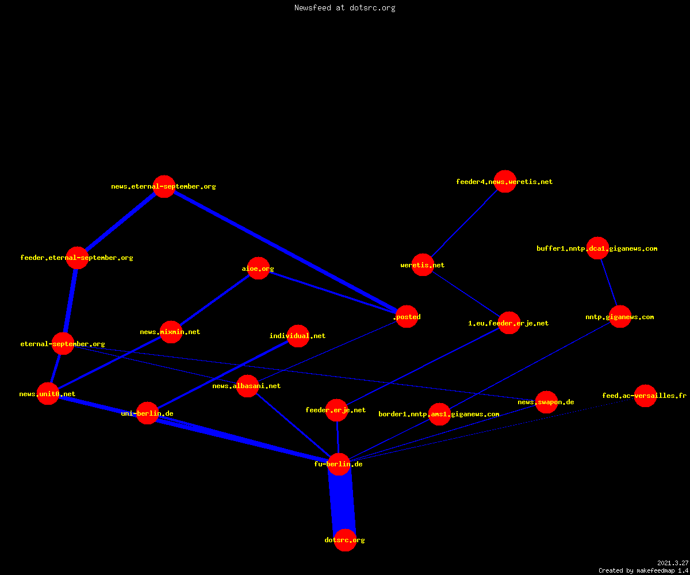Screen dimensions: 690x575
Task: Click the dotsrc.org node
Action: click(345, 540)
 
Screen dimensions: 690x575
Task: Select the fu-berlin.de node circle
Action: click(339, 464)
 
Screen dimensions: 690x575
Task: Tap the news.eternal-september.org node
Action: click(164, 186)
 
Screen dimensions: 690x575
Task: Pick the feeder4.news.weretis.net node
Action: click(505, 182)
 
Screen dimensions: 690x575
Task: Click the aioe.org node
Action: click(258, 269)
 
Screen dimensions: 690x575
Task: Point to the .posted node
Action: click(407, 317)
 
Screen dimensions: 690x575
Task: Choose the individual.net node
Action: click(298, 336)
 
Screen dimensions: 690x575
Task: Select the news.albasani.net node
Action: click(247, 386)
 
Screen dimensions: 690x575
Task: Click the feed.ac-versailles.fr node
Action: click(645, 396)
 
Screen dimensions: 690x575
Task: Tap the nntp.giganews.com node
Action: click(620, 317)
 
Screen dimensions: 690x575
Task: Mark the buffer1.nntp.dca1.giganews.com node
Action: click(597, 248)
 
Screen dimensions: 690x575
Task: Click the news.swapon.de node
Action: click(546, 402)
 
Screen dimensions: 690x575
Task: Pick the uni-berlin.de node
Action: click(147, 413)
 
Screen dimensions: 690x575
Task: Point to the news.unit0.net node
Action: click(48, 393)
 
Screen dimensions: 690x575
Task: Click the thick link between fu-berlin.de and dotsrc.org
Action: click(342, 503)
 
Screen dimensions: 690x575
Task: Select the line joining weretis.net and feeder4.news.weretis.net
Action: click(464, 224)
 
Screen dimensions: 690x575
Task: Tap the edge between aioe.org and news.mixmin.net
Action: click(214, 300)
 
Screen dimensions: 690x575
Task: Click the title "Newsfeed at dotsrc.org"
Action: click(344, 7)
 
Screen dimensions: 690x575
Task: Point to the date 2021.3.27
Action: click(673, 563)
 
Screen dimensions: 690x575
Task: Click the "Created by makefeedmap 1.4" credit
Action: click(643, 571)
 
